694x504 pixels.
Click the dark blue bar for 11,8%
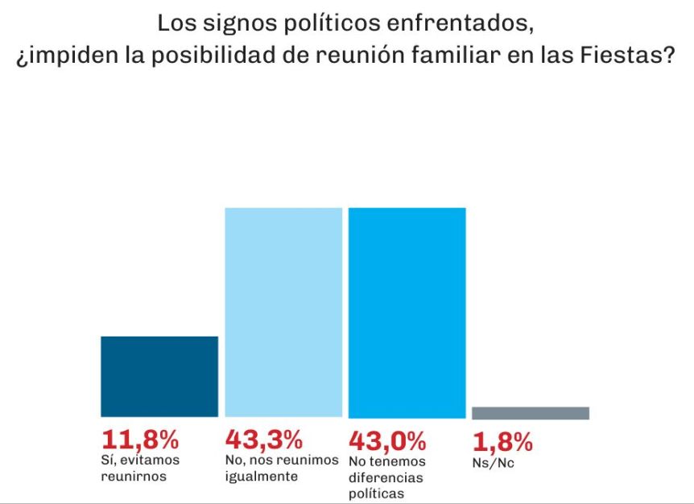tap(159, 376)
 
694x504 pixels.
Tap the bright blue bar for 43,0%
tap(407, 312)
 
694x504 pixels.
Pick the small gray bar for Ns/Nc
tap(531, 413)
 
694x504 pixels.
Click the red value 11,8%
tap(139, 440)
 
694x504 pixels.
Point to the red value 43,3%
tap(264, 440)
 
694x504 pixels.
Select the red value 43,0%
tap(387, 440)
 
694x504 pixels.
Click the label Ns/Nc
tap(493, 462)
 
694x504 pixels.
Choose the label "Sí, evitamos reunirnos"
tap(140, 469)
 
